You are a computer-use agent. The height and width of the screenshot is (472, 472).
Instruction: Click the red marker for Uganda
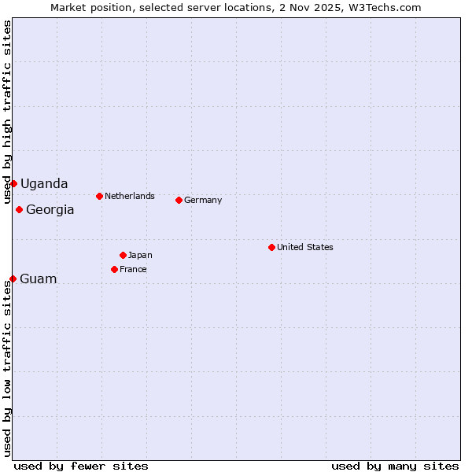click(x=13, y=183)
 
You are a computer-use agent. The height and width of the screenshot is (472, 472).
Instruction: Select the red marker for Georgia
click(x=19, y=209)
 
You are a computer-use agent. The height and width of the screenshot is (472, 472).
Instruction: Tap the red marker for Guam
click(x=13, y=278)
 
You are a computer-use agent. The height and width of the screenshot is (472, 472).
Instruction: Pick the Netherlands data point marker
click(x=99, y=196)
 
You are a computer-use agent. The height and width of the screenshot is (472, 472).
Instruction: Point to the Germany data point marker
click(x=179, y=200)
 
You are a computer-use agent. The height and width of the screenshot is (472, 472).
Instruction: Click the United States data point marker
click(x=271, y=247)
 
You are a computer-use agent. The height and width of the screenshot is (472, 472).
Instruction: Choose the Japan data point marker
click(x=123, y=255)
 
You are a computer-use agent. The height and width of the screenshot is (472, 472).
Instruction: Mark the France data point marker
click(x=114, y=269)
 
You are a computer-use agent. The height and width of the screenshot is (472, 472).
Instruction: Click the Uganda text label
click(x=44, y=183)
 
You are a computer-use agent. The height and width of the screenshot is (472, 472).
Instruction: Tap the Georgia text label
click(x=50, y=209)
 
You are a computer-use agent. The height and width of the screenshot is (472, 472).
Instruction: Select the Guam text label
click(x=39, y=278)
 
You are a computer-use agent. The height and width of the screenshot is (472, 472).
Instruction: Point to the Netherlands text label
click(x=130, y=196)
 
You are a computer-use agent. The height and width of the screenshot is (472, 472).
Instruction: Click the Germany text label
click(x=203, y=200)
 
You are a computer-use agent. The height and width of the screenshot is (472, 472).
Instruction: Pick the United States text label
click(x=305, y=247)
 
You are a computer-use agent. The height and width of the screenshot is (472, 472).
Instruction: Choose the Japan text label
click(x=140, y=255)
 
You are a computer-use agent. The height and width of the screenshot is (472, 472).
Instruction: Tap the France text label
click(x=133, y=269)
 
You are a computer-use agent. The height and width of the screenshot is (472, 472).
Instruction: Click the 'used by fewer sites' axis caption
click(x=81, y=466)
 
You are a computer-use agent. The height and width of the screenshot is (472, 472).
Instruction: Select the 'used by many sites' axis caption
click(x=395, y=466)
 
